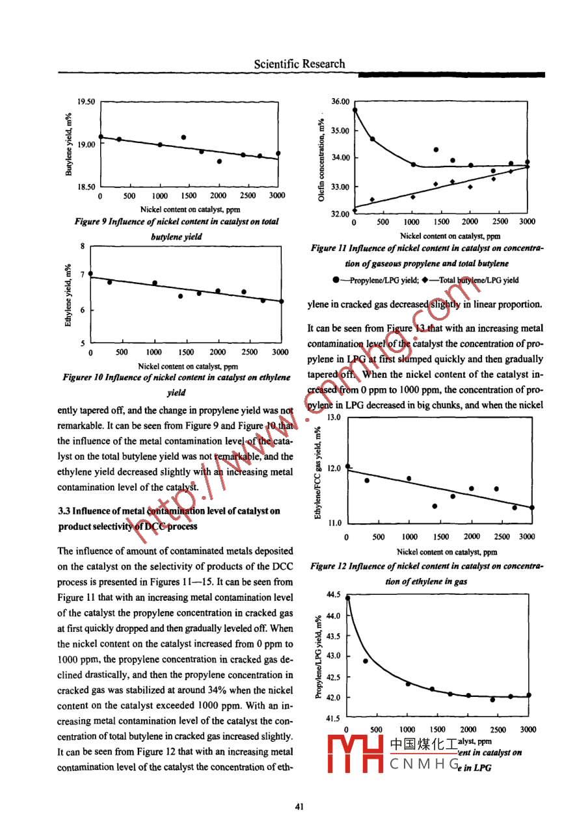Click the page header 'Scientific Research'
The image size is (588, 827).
(299, 64)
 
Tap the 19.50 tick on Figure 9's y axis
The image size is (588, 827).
(86, 101)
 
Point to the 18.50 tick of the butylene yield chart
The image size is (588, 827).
(86, 187)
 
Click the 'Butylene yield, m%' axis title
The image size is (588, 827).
(68, 144)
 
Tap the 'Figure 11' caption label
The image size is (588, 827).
(330, 248)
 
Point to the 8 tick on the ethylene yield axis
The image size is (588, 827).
(83, 246)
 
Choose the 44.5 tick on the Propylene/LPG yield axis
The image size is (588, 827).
(334, 594)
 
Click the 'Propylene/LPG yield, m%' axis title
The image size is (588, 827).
(318, 657)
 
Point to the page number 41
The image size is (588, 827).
(299, 807)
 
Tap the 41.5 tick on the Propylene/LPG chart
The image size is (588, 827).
(334, 718)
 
